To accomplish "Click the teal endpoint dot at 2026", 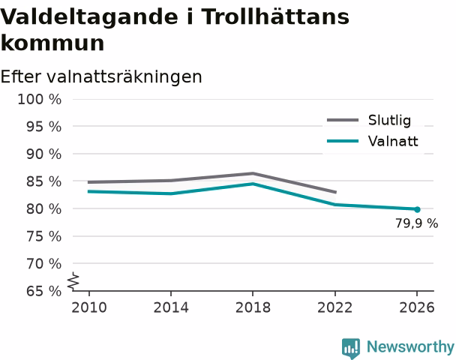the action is pyautogui.click(x=417, y=209).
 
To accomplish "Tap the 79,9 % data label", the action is pyautogui.click(x=416, y=223).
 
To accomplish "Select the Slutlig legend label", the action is pyautogui.click(x=389, y=120).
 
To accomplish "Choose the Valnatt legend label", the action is pyautogui.click(x=393, y=141).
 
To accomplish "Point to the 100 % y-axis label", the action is pyautogui.click(x=40, y=100).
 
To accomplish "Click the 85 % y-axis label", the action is pyautogui.click(x=44, y=181).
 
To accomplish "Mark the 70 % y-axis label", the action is pyautogui.click(x=44, y=264).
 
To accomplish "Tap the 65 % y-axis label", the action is pyautogui.click(x=44, y=291).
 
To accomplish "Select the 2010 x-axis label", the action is pyautogui.click(x=89, y=307).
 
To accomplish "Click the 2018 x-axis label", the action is pyautogui.click(x=253, y=307).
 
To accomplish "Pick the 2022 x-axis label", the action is pyautogui.click(x=334, y=307).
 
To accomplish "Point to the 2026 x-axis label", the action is pyautogui.click(x=417, y=307).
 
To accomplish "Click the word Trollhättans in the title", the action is pyautogui.click(x=275, y=16).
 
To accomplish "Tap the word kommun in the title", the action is pyautogui.click(x=52, y=43).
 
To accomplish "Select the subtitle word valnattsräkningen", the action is pyautogui.click(x=124, y=77).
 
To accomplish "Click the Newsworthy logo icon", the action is pyautogui.click(x=351, y=348).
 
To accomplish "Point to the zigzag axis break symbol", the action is pyautogui.click(x=73, y=281).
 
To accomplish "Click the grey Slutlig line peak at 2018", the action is pyautogui.click(x=253, y=173).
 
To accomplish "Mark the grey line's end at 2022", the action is pyautogui.click(x=336, y=192).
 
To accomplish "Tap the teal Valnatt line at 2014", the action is pyautogui.click(x=171, y=193).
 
